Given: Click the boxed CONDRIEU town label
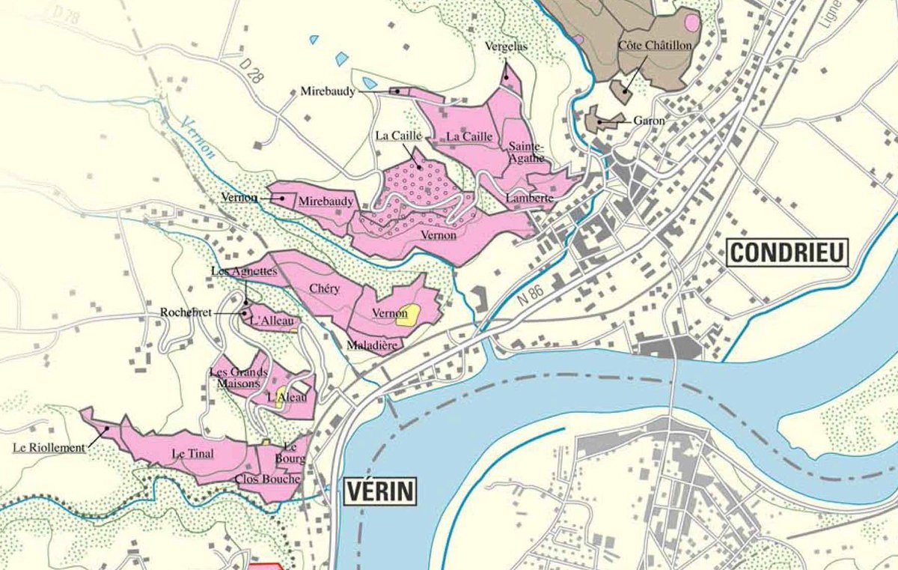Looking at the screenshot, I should click(787, 252).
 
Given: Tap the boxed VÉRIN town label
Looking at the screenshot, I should click(380, 491).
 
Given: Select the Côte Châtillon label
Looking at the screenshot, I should click(655, 46).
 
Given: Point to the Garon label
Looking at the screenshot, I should click(649, 120).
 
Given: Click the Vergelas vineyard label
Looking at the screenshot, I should click(506, 46).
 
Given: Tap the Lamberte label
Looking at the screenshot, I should click(529, 198).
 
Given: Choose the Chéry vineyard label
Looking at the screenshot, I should click(325, 288).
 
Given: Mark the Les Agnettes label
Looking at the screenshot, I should click(244, 271).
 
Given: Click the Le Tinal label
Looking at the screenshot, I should click(189, 453).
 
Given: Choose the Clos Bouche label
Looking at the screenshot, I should click(267, 479).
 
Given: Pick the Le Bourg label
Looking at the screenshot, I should click(293, 453).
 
